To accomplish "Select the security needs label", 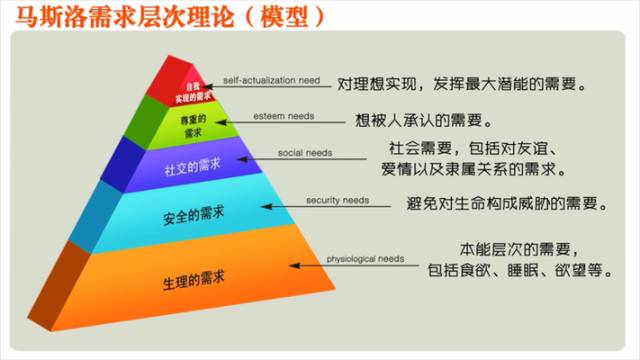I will [335, 200].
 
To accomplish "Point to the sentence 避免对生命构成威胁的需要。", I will [506, 204].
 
